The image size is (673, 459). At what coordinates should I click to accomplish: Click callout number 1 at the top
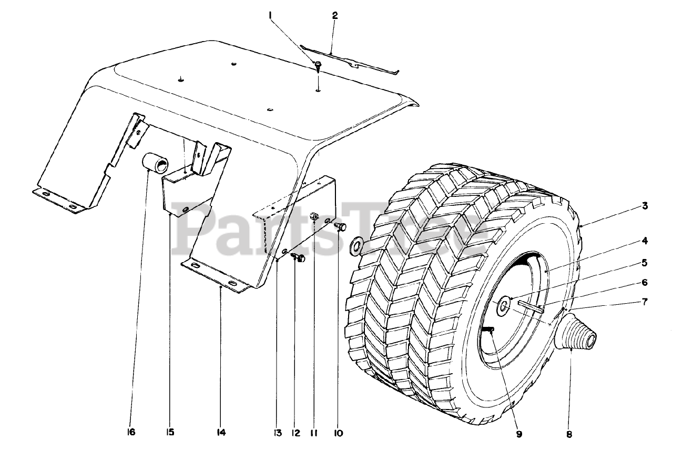coord(271,16)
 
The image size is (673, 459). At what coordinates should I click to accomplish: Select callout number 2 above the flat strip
coord(335,15)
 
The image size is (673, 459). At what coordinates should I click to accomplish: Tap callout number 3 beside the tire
coord(645,206)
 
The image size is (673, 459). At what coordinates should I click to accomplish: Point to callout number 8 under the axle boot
coord(569,435)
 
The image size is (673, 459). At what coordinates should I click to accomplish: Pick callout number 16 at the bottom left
coord(131,433)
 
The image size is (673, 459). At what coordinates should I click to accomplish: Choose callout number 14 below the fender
coord(221,433)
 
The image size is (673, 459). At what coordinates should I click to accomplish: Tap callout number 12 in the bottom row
coord(295,433)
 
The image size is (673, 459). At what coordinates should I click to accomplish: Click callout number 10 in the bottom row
coord(338,433)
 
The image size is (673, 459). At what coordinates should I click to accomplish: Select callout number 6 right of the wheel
coord(644,282)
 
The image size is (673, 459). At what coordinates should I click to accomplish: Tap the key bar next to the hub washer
coord(531,306)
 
